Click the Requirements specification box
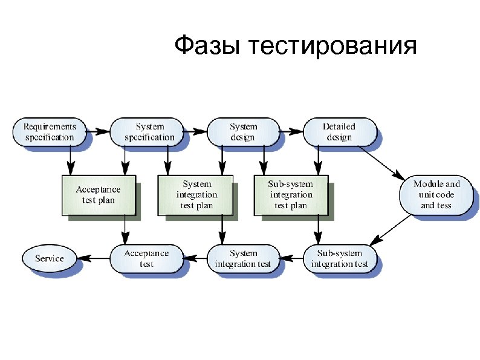tap(50, 132)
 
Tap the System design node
tap(243, 132)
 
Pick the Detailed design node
tap(339, 132)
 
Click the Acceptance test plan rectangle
tap(98, 195)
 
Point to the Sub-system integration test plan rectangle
tap(291, 195)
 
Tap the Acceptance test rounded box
tap(146, 258)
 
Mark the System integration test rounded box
tap(243, 258)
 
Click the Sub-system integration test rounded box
tap(339, 258)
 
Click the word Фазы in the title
tap(206, 47)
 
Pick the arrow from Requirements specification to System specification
tap(99, 131)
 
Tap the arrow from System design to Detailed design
tap(291, 131)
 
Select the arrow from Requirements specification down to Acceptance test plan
tap(70, 160)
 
